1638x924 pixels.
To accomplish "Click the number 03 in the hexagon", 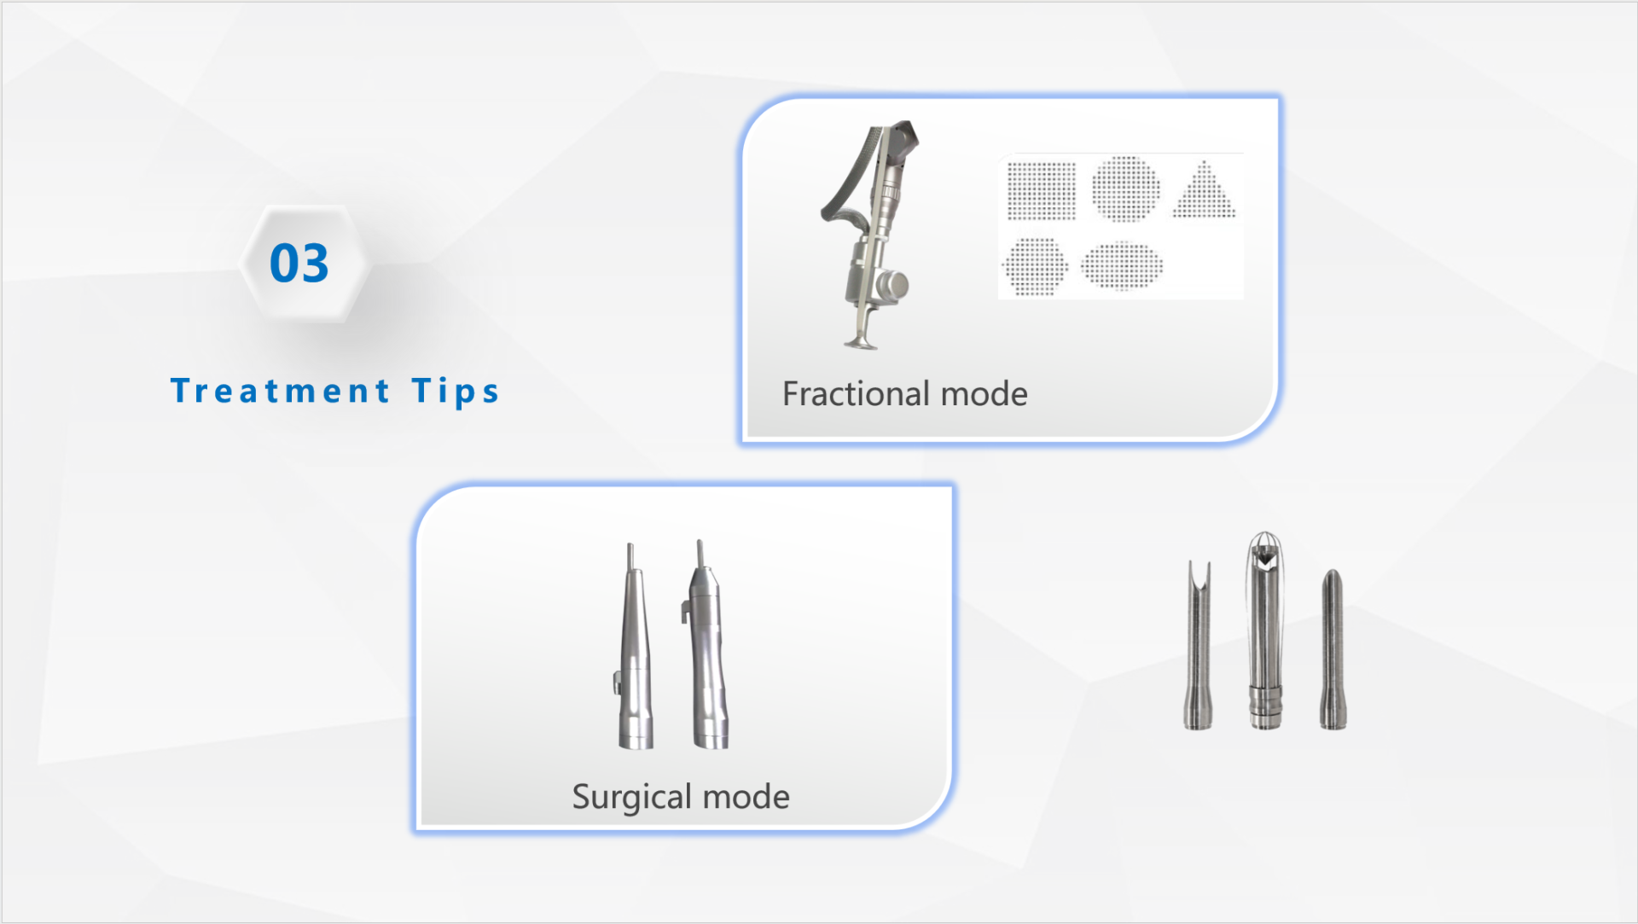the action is [x=299, y=263].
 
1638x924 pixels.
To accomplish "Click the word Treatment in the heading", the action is [x=281, y=391].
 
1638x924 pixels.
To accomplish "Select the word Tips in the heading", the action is [x=456, y=392].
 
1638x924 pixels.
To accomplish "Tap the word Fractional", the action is [x=856, y=393].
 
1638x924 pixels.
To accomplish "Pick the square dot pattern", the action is [x=1042, y=190].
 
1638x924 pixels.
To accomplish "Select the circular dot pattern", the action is [x=1126, y=189].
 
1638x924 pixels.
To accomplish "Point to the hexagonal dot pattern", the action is [x=1035, y=265].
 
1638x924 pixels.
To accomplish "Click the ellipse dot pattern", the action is [x=1122, y=265].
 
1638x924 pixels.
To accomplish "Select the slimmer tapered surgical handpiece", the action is [x=634, y=648].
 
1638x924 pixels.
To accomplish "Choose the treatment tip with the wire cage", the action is [x=1265, y=631].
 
